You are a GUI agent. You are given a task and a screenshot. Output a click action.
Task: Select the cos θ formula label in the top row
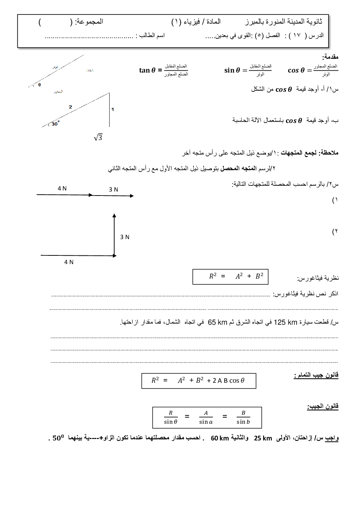point(296,70)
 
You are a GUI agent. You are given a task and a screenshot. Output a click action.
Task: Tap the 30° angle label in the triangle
point(55,124)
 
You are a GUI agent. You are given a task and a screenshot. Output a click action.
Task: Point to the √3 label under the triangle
point(98,137)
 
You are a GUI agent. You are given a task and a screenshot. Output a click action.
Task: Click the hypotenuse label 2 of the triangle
point(70,107)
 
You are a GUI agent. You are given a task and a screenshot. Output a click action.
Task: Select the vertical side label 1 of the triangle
point(112,109)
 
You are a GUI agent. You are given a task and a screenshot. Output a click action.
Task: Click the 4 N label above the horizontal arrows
point(62,188)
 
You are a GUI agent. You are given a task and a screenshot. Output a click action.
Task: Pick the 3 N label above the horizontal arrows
point(114,189)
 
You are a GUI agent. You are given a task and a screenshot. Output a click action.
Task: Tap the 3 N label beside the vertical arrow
point(125,237)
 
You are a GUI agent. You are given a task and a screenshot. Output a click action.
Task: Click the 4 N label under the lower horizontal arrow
point(69,262)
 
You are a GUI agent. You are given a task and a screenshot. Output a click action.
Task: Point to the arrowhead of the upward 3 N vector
point(114,216)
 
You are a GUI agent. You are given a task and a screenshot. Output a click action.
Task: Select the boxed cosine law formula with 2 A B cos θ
point(199,381)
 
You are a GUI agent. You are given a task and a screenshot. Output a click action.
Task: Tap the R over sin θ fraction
point(171,417)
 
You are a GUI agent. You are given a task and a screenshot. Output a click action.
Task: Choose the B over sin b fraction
point(243,417)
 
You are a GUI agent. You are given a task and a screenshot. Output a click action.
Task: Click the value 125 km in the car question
point(286,322)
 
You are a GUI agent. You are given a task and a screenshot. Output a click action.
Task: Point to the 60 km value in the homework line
point(220,438)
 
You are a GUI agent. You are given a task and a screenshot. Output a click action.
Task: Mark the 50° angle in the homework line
point(58,438)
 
